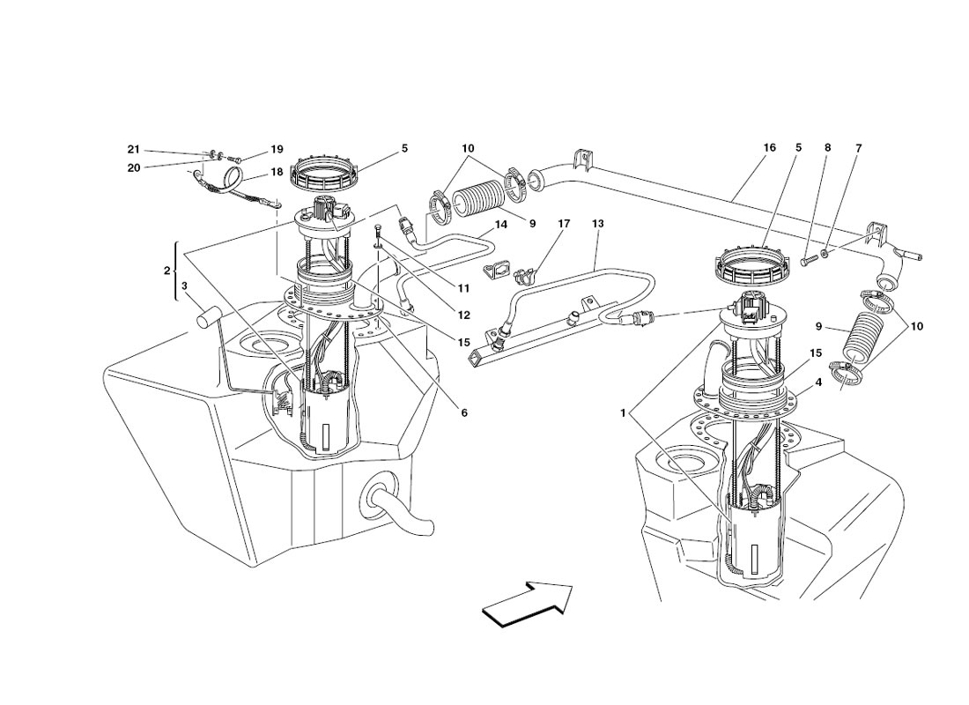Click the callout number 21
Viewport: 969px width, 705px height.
pyautogui.click(x=134, y=149)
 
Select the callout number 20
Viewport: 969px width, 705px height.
pyautogui.click(x=134, y=167)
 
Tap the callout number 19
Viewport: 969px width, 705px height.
pyautogui.click(x=277, y=149)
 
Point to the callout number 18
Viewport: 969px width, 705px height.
pyautogui.click(x=277, y=171)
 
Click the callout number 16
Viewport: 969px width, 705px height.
pyautogui.click(x=769, y=148)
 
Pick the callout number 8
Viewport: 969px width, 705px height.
pyautogui.click(x=827, y=148)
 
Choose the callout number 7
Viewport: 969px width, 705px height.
pyautogui.click(x=858, y=148)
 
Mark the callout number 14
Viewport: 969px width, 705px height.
pyautogui.click(x=500, y=225)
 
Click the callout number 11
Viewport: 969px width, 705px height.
pyautogui.click(x=464, y=287)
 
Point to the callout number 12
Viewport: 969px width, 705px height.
pyautogui.click(x=464, y=315)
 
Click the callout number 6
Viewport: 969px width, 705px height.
pyautogui.click(x=464, y=413)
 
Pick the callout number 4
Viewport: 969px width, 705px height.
pyautogui.click(x=818, y=382)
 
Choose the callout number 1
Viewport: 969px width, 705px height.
pyautogui.click(x=625, y=413)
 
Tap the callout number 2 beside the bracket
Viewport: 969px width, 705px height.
pyautogui.click(x=166, y=271)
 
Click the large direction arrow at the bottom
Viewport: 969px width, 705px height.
pyautogui.click(x=527, y=605)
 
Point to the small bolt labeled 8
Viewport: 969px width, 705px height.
pyautogui.click(x=810, y=260)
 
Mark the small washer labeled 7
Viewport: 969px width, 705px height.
pyautogui.click(x=825, y=255)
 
